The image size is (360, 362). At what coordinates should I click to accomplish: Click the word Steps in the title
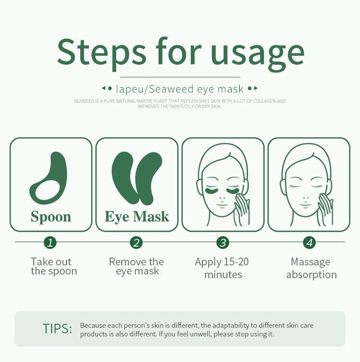pyautogui.click(x=102, y=52)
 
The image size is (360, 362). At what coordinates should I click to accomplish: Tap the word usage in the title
pyautogui.click(x=257, y=55)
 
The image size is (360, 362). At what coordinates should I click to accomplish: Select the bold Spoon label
pyautogui.click(x=51, y=217)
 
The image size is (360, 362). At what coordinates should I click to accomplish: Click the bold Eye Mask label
pyautogui.click(x=137, y=217)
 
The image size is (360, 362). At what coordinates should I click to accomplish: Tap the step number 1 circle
pyautogui.click(x=50, y=242)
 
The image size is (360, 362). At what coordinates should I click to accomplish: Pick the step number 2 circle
pyautogui.click(x=136, y=242)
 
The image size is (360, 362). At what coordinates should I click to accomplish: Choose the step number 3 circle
pyautogui.click(x=223, y=242)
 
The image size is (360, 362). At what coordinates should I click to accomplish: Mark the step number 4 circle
pyautogui.click(x=310, y=242)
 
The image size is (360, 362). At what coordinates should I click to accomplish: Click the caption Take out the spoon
pyautogui.click(x=54, y=266)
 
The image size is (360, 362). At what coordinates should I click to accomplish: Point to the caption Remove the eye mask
pyautogui.click(x=137, y=266)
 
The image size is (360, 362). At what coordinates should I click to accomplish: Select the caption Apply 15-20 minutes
pyautogui.click(x=222, y=268)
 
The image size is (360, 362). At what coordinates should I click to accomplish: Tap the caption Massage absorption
pyautogui.click(x=312, y=268)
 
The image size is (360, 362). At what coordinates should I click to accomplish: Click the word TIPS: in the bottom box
pyautogui.click(x=57, y=328)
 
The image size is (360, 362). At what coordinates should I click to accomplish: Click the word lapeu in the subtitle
pyautogui.click(x=130, y=89)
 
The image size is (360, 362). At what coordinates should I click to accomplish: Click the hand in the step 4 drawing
pyautogui.click(x=325, y=209)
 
